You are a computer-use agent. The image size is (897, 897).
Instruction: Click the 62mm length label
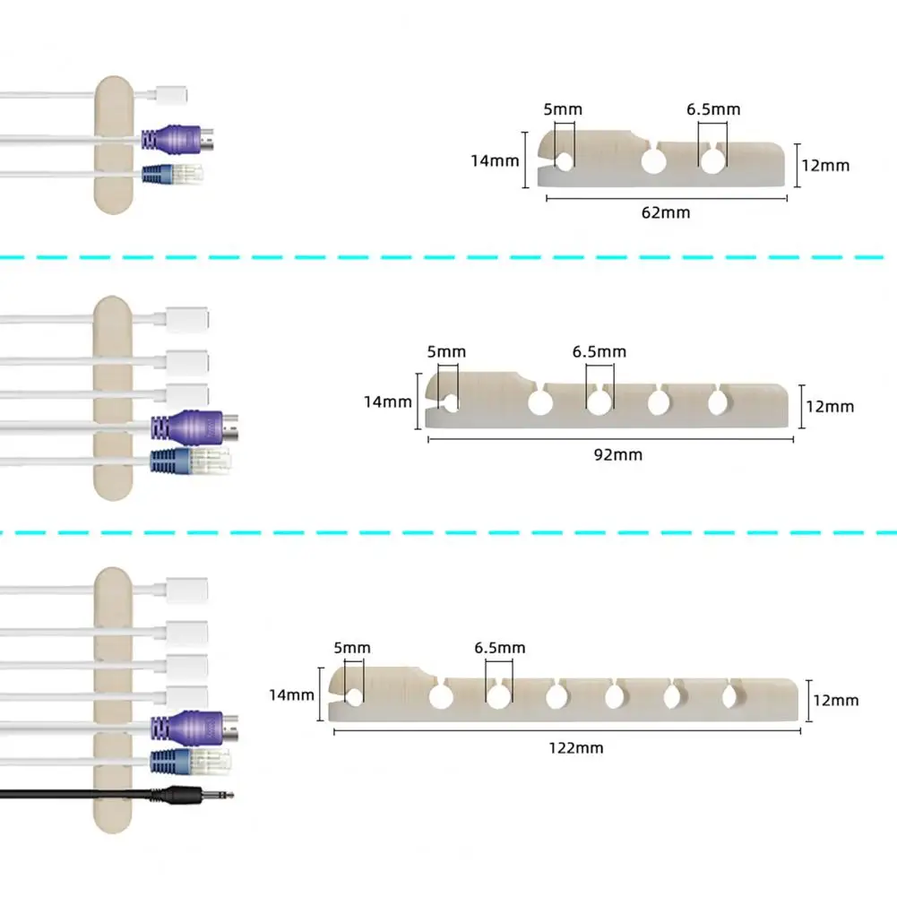pos(665,212)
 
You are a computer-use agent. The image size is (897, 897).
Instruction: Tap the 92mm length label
pos(617,455)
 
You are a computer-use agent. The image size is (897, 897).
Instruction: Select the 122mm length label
pos(576,747)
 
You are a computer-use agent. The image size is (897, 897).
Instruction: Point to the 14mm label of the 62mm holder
pos(495,160)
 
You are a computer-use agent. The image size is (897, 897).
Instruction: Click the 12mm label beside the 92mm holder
pos(830,407)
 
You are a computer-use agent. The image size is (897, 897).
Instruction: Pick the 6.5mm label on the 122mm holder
pos(499,648)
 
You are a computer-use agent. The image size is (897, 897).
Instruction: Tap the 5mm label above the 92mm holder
pos(446,351)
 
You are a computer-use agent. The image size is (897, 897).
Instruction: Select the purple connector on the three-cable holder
pos(177,140)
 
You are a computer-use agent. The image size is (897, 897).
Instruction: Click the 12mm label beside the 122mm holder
pos(836,700)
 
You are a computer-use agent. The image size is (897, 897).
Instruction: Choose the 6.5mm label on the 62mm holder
pos(713,109)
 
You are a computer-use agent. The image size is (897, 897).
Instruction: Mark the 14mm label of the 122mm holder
pos(292,695)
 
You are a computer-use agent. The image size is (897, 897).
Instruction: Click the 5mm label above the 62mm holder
pos(563,109)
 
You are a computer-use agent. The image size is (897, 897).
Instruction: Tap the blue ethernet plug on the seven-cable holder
pos(191,762)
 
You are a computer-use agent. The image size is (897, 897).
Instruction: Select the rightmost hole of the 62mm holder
pos(712,161)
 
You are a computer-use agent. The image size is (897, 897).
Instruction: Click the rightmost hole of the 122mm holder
pos(730,697)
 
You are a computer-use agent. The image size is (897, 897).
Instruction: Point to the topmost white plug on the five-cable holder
pos(187,320)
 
